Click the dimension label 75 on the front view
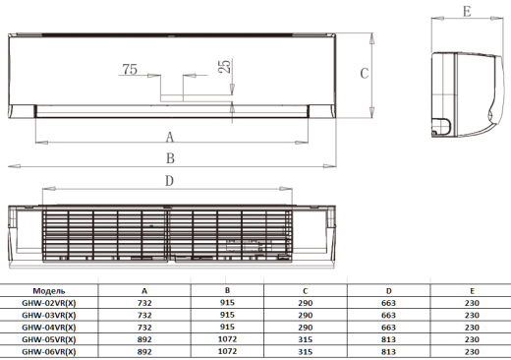[x=130, y=69]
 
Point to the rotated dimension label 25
[x=224, y=66]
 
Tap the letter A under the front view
[x=169, y=137]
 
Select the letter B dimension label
[x=170, y=158]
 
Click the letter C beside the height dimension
[x=365, y=74]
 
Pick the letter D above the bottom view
[x=169, y=181]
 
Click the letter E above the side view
[x=467, y=12]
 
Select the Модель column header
[x=49, y=291]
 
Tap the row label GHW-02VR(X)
[x=49, y=303]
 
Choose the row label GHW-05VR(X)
[x=49, y=339]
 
